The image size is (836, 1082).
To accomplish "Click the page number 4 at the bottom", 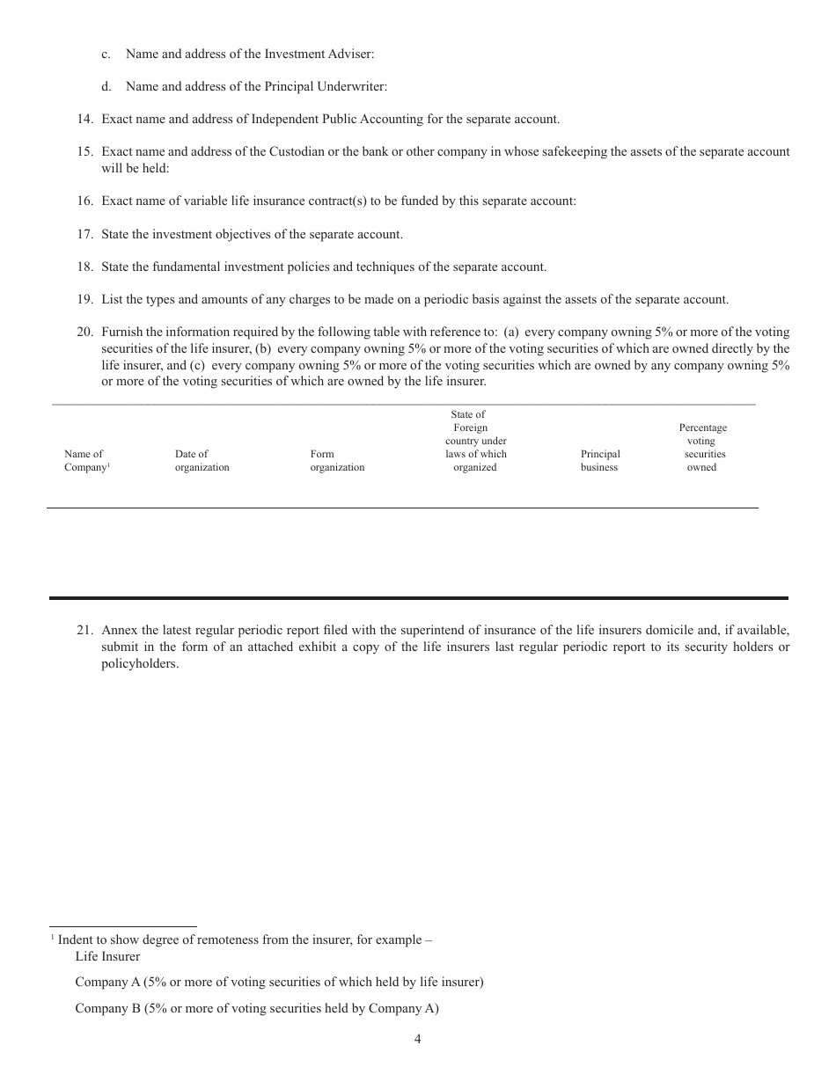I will pyautogui.click(x=417, y=1039).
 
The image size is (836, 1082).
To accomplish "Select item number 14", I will pyautogui.click(x=84, y=119).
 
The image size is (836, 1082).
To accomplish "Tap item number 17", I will pyautogui.click(x=84, y=234).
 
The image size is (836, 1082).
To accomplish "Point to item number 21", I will pyautogui.click(x=84, y=630).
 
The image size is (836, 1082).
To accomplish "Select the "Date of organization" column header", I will pyautogui.click(x=202, y=461).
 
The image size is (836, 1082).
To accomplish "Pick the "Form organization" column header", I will pyautogui.click(x=337, y=461).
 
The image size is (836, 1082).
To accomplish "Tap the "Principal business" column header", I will pyautogui.click(x=600, y=461).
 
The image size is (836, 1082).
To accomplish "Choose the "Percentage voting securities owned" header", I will pyautogui.click(x=702, y=448).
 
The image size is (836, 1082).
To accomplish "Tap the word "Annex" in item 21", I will pyautogui.click(x=119, y=630).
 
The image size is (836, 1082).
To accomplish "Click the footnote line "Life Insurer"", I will pyautogui.click(x=107, y=956).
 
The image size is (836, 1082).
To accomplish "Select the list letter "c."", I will pyautogui.click(x=106, y=54).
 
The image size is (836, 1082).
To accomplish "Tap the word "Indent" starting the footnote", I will pyautogui.click(x=76, y=939).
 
